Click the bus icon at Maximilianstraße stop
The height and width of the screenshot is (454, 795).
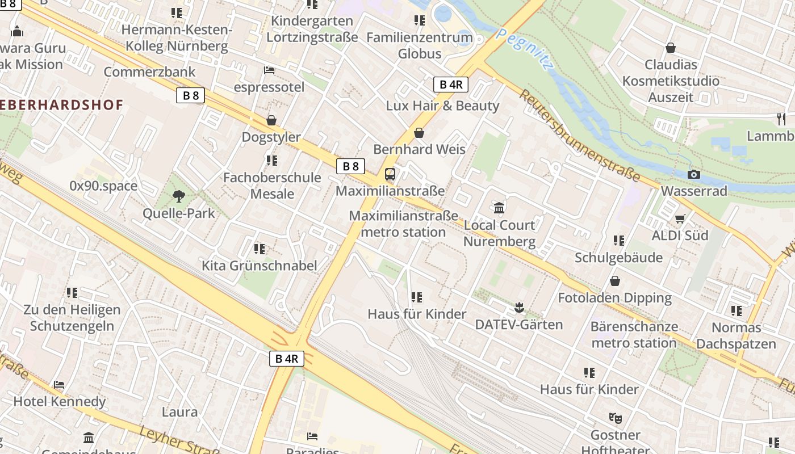pyautogui.click(x=390, y=174)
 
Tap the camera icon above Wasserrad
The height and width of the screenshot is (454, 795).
pyautogui.click(x=693, y=175)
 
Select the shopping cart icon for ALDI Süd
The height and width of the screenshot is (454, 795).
pyautogui.click(x=680, y=219)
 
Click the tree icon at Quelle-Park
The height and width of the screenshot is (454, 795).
pyautogui.click(x=179, y=197)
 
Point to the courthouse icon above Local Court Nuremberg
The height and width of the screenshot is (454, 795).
pyautogui.click(x=499, y=208)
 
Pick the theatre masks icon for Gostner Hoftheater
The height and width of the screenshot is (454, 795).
pyautogui.click(x=615, y=418)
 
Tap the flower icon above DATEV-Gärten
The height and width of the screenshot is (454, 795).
pyautogui.click(x=518, y=308)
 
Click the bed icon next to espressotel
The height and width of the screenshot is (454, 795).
pyautogui.click(x=269, y=70)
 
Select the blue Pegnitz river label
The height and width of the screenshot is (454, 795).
pyautogui.click(x=524, y=49)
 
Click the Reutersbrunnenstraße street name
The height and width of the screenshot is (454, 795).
pyautogui.click(x=579, y=136)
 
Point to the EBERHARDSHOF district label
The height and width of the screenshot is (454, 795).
pyautogui.click(x=62, y=105)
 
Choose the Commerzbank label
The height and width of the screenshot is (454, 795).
pyautogui.click(x=149, y=72)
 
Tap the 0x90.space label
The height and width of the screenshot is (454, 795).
pyautogui.click(x=103, y=186)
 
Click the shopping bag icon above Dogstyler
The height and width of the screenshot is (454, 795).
pyautogui.click(x=271, y=121)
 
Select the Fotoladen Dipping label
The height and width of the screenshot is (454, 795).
pyautogui.click(x=614, y=298)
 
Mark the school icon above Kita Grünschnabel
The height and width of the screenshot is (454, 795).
pyautogui.click(x=260, y=249)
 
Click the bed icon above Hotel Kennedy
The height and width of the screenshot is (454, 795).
pyautogui.click(x=59, y=385)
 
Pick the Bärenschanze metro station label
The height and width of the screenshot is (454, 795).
pyautogui.click(x=634, y=335)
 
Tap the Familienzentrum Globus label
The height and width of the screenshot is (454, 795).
pyautogui.click(x=419, y=45)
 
